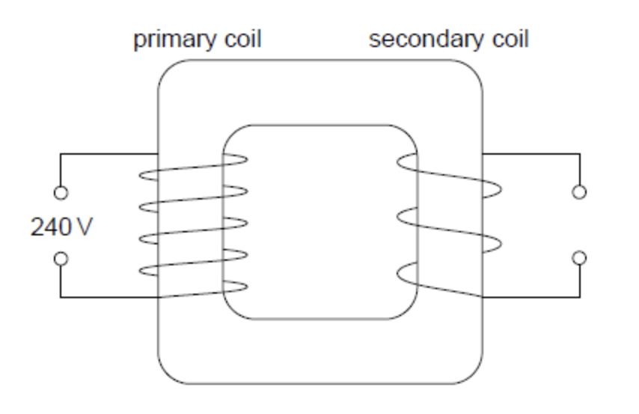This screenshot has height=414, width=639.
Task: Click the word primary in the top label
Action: [x=171, y=40]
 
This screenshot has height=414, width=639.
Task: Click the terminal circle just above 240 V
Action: [x=61, y=193]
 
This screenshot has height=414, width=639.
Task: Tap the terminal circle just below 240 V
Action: [x=61, y=259]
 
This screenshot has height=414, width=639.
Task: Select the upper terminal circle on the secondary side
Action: [x=579, y=193]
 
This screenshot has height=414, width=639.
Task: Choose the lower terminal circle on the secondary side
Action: [x=579, y=259]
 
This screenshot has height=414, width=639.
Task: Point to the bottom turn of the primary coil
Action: [x=195, y=291]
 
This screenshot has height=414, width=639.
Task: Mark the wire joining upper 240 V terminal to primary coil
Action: [x=105, y=154]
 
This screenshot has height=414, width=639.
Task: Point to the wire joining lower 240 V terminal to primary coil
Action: [x=105, y=297]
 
